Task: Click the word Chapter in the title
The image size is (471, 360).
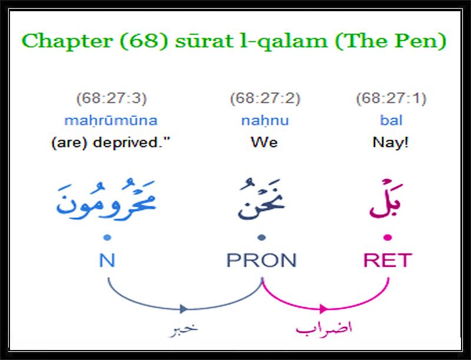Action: (x=67, y=41)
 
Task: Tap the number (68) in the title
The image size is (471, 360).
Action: (x=143, y=41)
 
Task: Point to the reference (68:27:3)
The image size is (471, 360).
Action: (x=111, y=98)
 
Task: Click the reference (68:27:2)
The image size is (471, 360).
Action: (x=265, y=98)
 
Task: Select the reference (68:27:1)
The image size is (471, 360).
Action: (x=391, y=98)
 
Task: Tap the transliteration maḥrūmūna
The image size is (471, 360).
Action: (x=111, y=121)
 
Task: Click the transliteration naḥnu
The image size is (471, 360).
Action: (x=265, y=121)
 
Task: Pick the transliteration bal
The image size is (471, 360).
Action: (x=391, y=120)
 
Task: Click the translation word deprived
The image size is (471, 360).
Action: (x=131, y=143)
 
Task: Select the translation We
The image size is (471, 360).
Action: (x=264, y=143)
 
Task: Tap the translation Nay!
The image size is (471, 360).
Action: (x=390, y=143)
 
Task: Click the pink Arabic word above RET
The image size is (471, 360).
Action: (x=386, y=199)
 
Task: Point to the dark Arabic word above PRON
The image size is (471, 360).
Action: (x=261, y=199)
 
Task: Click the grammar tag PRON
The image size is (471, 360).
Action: (x=261, y=260)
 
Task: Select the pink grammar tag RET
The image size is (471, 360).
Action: (x=387, y=260)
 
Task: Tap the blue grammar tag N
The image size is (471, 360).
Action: (x=107, y=260)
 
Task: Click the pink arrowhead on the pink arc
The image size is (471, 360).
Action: (x=323, y=309)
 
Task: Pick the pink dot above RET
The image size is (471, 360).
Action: (x=388, y=237)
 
